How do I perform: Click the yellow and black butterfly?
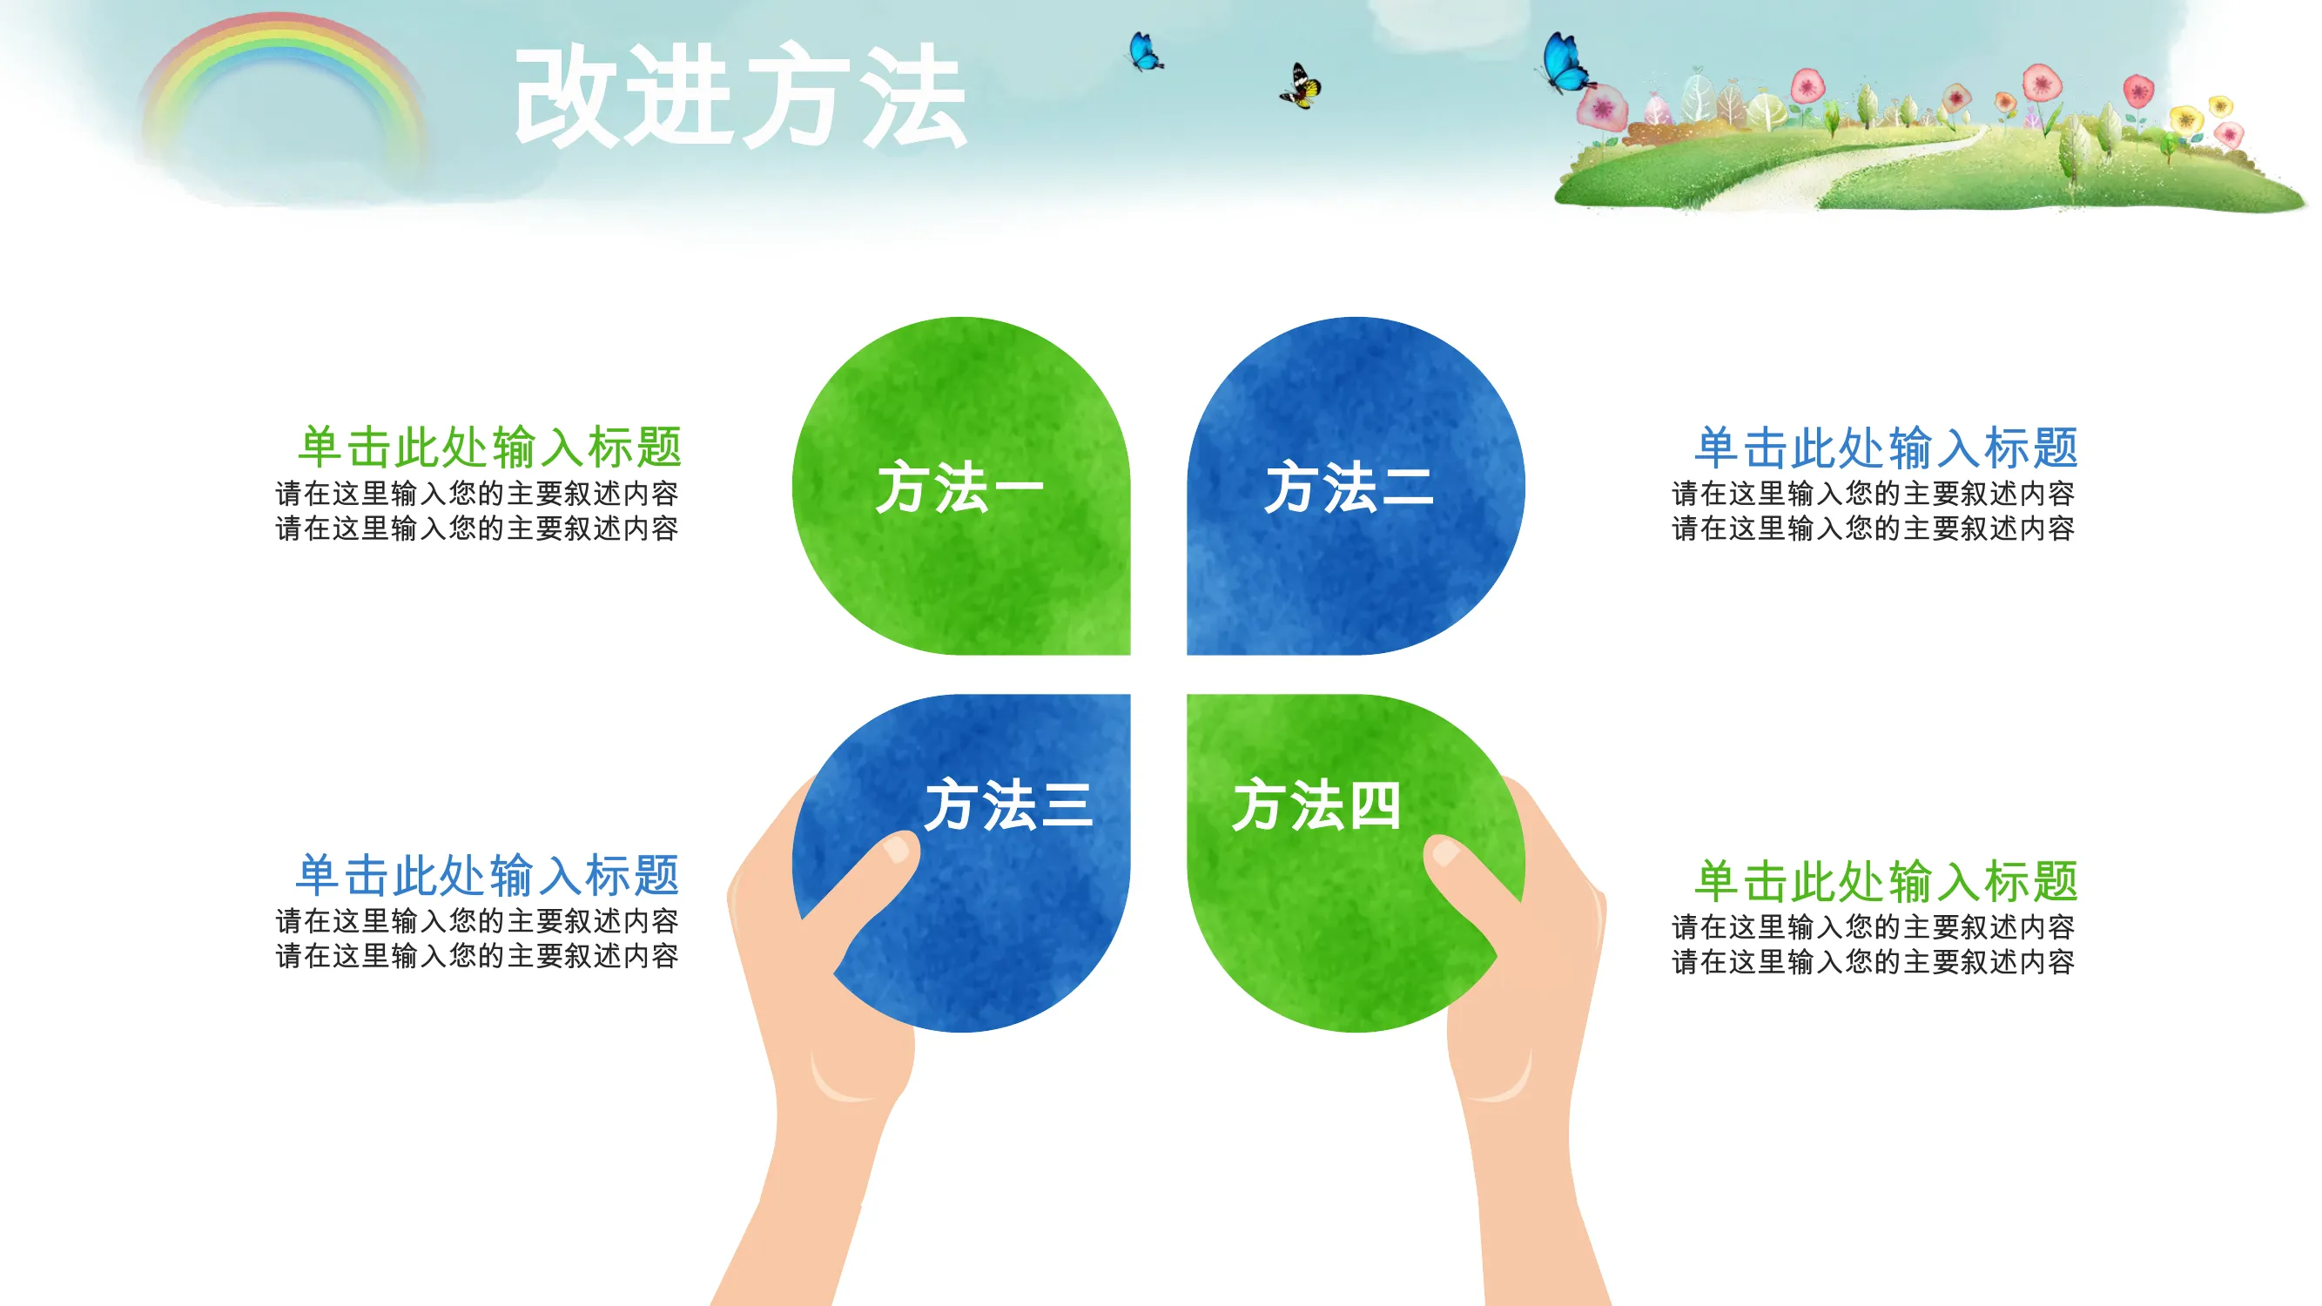click(1301, 86)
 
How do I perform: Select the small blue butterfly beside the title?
click(1145, 51)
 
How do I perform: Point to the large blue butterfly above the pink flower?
click(1566, 62)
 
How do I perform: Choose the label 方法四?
click(1316, 804)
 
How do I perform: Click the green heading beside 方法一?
click(489, 447)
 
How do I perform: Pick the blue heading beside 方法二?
click(1887, 447)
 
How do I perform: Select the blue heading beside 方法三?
click(488, 875)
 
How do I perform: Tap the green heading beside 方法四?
click(1887, 880)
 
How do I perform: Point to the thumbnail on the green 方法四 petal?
click(1446, 852)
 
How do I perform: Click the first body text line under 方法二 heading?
click(1873, 493)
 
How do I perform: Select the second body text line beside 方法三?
click(477, 955)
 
